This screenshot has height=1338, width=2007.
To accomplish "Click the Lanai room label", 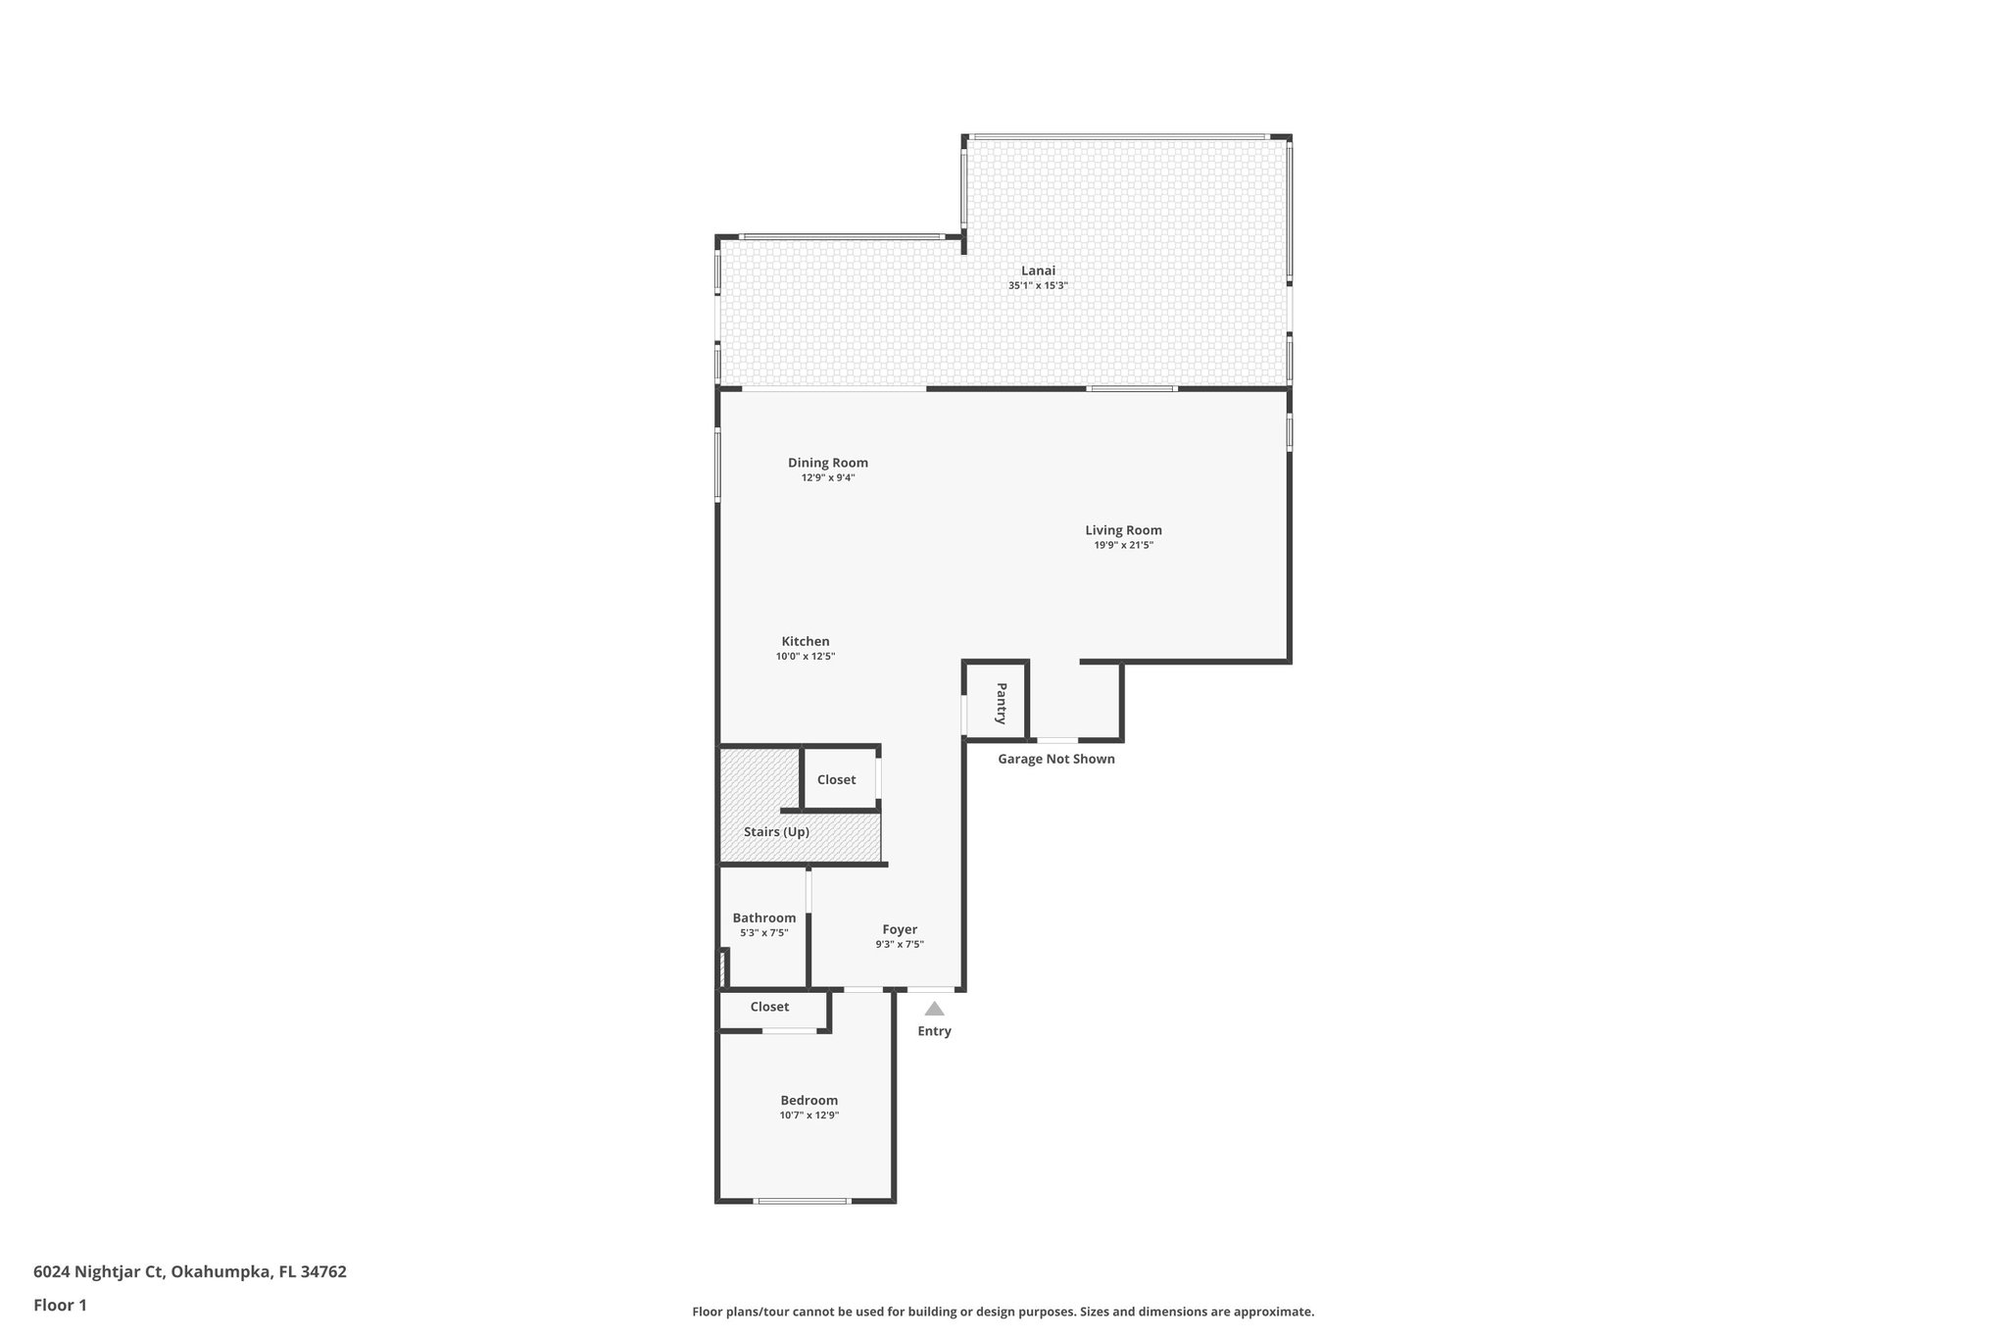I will (x=1038, y=271).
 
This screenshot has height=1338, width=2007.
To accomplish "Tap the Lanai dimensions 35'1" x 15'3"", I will (x=1038, y=286).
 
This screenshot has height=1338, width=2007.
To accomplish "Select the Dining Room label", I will (x=828, y=463).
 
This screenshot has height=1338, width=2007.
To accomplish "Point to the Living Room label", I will (x=1123, y=530).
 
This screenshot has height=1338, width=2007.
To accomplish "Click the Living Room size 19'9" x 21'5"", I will (x=1123, y=545).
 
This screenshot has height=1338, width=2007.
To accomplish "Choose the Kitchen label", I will (x=806, y=641).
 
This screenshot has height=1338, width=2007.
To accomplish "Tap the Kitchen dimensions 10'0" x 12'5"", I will (x=806, y=657).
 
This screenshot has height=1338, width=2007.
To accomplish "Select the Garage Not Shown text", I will (x=1056, y=759).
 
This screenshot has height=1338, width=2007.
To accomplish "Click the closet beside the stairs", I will (x=837, y=779).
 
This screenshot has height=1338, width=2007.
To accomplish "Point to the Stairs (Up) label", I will (x=776, y=832).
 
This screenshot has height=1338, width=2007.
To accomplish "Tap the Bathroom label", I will (x=764, y=918).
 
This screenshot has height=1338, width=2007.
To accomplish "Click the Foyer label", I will (x=900, y=929).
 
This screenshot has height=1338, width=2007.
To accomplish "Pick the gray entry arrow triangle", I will (x=935, y=1009).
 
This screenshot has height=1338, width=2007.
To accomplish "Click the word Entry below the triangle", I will (x=935, y=1031).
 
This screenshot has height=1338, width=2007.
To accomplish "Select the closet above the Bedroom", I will (x=770, y=1007).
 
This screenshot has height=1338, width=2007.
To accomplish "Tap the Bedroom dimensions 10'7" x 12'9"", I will (x=809, y=1115).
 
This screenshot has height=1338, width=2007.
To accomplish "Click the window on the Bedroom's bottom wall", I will (x=802, y=1201).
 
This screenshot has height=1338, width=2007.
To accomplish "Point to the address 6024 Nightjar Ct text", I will (x=190, y=1271).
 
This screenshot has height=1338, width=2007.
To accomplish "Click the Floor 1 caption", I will (x=61, y=1305).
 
